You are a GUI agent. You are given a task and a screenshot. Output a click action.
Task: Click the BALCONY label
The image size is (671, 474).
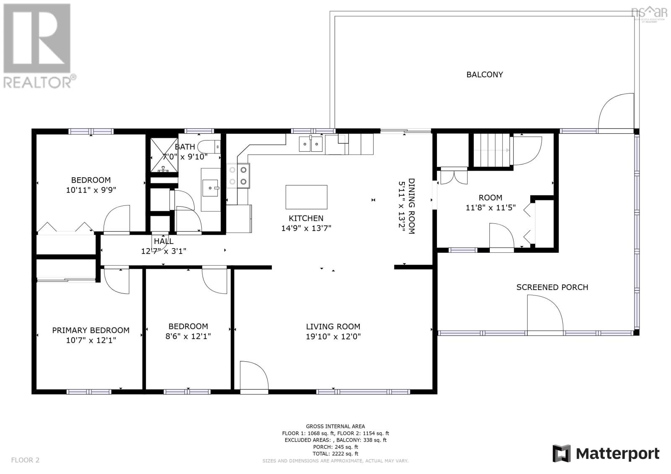pyautogui.click(x=484, y=75)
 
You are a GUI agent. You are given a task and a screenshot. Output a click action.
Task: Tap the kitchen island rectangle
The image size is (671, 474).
pyautogui.click(x=306, y=197)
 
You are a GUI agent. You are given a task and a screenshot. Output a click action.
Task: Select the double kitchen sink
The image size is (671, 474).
pyautogui.click(x=311, y=144)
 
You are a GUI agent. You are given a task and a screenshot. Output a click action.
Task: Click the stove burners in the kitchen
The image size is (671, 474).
pyautogui.click(x=238, y=175)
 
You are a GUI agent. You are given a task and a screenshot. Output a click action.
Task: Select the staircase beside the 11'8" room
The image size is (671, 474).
pyautogui.click(x=492, y=150)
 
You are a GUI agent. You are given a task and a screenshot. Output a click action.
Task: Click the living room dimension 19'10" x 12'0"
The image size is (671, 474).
pyautogui.click(x=333, y=336)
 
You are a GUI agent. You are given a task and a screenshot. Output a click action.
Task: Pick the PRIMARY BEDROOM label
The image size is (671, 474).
pyautogui.click(x=91, y=330)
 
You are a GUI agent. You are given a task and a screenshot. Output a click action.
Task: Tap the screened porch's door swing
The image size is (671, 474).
pyautogui.click(x=544, y=312)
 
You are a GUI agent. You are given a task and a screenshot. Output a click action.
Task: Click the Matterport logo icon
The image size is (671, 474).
pyautogui.click(x=562, y=453)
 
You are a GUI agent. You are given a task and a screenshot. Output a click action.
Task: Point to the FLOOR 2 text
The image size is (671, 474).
pyautogui.click(x=25, y=460)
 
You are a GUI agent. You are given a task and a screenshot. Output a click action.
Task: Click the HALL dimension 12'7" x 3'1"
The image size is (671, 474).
pyautogui.click(x=164, y=251)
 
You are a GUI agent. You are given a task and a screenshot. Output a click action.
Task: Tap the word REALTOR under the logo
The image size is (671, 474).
pyautogui.click(x=38, y=82)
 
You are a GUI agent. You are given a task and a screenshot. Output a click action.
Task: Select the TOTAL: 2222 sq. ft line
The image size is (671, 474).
pyautogui.click(x=335, y=453)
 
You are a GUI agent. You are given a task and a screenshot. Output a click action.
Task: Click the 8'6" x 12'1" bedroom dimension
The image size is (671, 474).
pyautogui.click(x=188, y=336)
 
